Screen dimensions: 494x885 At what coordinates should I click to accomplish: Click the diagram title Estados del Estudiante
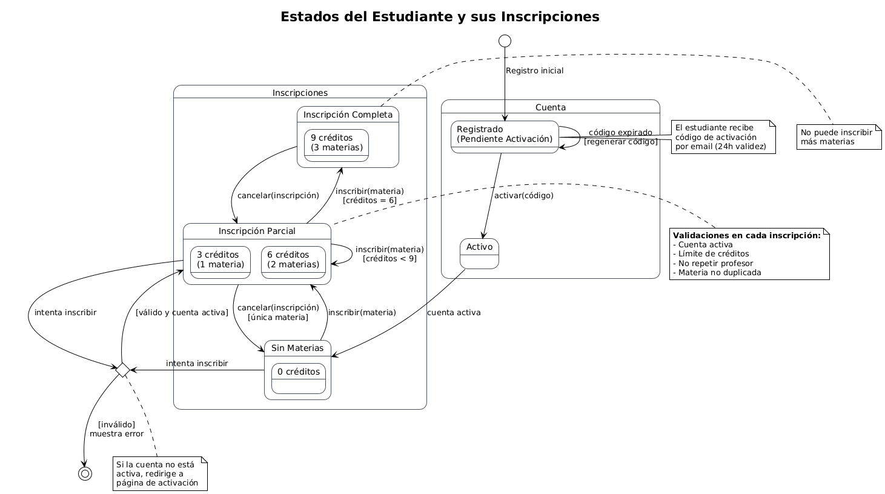pyautogui.click(x=440, y=17)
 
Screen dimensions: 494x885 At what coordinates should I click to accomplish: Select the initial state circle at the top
pyautogui.click(x=505, y=41)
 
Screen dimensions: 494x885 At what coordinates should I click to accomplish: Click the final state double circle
pyautogui.click(x=85, y=473)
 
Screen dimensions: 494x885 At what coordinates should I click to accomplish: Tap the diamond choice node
pyautogui.click(x=122, y=370)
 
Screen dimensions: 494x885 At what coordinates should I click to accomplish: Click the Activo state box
pyautogui.click(x=479, y=253)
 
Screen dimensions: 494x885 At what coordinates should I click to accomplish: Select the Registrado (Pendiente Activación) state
pyautogui.click(x=505, y=137)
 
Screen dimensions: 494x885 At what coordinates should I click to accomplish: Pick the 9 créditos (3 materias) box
pyautogui.click(x=336, y=145)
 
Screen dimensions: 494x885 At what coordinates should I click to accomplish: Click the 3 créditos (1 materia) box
pyautogui.click(x=220, y=262)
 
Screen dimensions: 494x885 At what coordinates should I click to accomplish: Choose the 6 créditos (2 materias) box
pyautogui.click(x=293, y=262)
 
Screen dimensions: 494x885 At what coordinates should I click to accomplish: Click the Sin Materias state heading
pyautogui.click(x=297, y=348)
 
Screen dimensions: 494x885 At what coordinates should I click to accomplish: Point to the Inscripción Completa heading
pyautogui.click(x=348, y=115)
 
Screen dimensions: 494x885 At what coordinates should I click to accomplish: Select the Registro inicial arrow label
pyautogui.click(x=534, y=71)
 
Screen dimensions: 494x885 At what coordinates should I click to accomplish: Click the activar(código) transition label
pyautogui.click(x=523, y=195)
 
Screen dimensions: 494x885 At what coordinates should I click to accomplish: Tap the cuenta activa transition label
pyautogui.click(x=454, y=313)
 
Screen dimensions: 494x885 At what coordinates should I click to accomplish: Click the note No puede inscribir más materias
pyautogui.click(x=839, y=137)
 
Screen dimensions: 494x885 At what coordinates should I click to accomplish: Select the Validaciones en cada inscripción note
pyautogui.click(x=749, y=254)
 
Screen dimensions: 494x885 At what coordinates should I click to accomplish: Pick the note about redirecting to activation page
pyautogui.click(x=161, y=474)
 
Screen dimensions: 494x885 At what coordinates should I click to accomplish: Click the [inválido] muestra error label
pyautogui.click(x=116, y=429)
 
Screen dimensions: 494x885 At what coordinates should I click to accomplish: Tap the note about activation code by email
pyautogui.click(x=723, y=137)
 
